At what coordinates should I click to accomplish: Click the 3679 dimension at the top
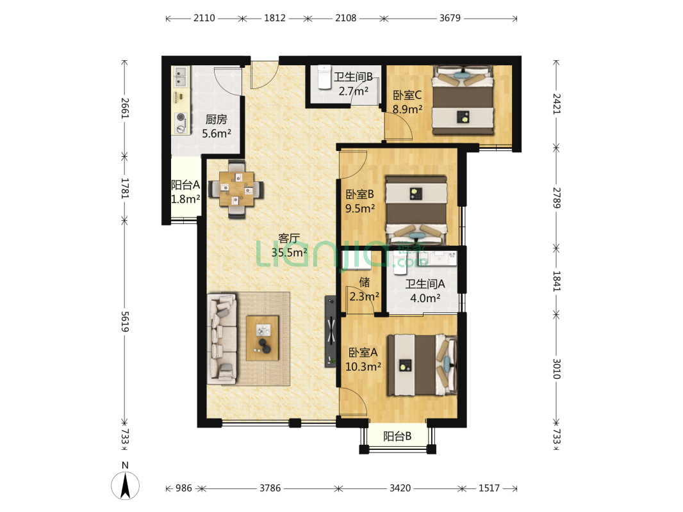[450, 18]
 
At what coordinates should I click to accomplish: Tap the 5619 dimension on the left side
[125, 321]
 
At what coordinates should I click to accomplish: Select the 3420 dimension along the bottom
[400, 488]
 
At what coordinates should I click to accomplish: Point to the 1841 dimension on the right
[557, 281]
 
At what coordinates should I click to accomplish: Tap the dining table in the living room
[236, 189]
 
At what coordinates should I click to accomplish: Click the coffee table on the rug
[262, 337]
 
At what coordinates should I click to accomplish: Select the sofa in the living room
[222, 339]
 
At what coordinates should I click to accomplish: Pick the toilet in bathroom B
[324, 77]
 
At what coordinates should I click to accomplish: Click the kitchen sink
[180, 77]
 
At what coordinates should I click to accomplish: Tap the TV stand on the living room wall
[331, 332]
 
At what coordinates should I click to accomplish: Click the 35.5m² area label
[289, 252]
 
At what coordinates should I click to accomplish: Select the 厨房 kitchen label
[217, 119]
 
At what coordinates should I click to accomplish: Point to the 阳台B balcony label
[397, 436]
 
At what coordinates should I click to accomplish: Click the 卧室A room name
[363, 353]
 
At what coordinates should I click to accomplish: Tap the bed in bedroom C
[463, 100]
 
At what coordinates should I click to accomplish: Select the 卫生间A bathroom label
[425, 284]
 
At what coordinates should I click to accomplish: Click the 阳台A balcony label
[186, 185]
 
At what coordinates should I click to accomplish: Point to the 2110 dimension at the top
[204, 18]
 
